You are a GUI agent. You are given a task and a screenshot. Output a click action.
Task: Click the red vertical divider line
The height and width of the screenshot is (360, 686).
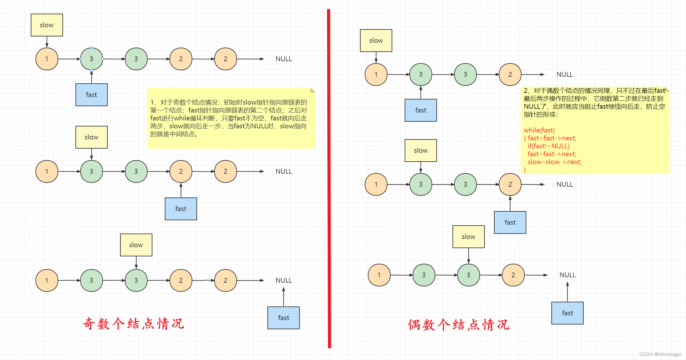click(329, 177)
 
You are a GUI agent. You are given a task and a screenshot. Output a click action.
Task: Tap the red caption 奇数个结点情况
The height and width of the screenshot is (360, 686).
click(133, 324)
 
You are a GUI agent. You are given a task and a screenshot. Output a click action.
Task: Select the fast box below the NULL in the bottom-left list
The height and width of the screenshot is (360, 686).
click(283, 318)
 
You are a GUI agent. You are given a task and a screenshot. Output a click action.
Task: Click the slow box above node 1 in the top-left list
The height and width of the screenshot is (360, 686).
click(47, 25)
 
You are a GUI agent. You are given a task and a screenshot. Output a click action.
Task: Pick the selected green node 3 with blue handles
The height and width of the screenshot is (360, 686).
click(91, 59)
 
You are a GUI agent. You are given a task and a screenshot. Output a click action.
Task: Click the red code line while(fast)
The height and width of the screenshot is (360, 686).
click(539, 130)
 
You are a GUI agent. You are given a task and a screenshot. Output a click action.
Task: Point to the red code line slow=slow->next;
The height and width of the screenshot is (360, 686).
click(554, 162)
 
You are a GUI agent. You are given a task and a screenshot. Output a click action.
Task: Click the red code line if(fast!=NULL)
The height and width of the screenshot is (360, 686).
click(548, 146)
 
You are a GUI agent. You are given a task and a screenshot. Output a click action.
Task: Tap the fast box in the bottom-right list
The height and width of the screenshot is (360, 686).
click(567, 313)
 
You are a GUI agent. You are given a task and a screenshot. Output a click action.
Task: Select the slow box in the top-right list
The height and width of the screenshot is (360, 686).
click(376, 41)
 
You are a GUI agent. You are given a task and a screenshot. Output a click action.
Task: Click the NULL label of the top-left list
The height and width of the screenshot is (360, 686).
click(283, 59)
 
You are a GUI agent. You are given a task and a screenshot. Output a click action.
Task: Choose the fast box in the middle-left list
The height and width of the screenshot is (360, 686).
click(181, 209)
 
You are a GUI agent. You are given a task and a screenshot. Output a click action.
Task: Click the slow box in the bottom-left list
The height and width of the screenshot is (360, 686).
click(136, 245)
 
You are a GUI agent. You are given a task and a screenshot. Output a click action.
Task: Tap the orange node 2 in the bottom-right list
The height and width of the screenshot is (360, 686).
click(513, 275)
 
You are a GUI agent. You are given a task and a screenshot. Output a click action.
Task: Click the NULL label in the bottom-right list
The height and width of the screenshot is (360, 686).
click(567, 275)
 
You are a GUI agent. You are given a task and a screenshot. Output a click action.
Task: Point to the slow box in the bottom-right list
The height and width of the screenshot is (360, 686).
click(468, 236)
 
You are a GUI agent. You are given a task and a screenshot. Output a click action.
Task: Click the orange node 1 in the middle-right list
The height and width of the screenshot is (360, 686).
click(376, 184)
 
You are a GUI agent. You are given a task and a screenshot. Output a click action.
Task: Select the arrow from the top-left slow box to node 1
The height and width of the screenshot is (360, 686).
click(47, 42)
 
